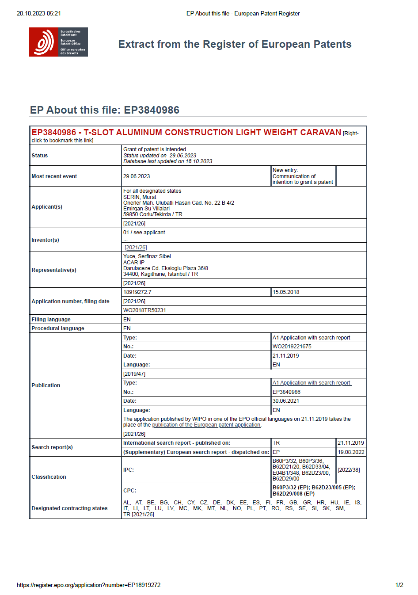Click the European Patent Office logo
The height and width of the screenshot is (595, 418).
(58, 42)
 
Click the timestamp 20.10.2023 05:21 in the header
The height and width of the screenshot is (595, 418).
(39, 14)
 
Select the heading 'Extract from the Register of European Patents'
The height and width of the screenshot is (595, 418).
(235, 44)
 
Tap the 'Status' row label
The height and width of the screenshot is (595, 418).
(40, 156)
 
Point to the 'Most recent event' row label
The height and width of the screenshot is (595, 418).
(54, 176)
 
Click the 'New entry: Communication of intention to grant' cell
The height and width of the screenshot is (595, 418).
(303, 176)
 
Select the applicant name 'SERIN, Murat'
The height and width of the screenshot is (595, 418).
(140, 197)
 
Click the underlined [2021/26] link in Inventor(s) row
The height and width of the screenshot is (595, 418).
(136, 248)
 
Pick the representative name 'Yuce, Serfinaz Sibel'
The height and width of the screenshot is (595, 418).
(147, 256)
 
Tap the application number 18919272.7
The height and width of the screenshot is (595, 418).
(137, 292)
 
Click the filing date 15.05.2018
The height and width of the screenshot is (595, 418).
(286, 292)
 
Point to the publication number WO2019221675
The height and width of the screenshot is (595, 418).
(292, 347)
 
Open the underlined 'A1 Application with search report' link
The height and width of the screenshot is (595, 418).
(312, 383)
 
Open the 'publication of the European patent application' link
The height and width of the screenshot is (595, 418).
(206, 425)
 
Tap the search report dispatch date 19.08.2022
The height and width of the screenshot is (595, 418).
(351, 452)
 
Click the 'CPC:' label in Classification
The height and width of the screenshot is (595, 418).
(129, 491)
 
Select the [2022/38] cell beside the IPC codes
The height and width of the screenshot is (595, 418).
(349, 470)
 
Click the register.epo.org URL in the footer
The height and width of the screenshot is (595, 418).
(89, 585)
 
